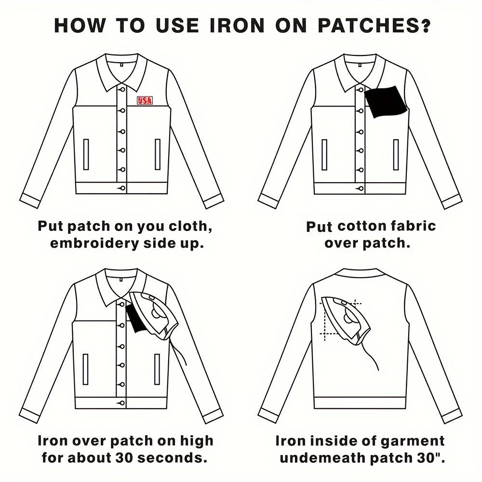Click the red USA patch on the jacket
(145, 100)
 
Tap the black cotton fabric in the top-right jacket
(385, 102)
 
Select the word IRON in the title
(236, 26)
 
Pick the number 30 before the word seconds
(124, 458)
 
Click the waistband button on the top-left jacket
(122, 188)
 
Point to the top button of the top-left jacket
(122, 90)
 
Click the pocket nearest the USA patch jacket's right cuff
(158, 154)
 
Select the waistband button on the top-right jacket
(360, 188)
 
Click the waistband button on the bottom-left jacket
(121, 402)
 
